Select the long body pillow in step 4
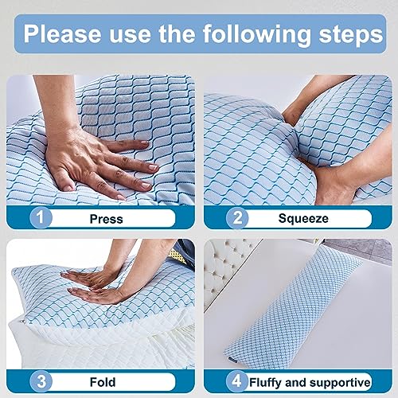click(x=306, y=318)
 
